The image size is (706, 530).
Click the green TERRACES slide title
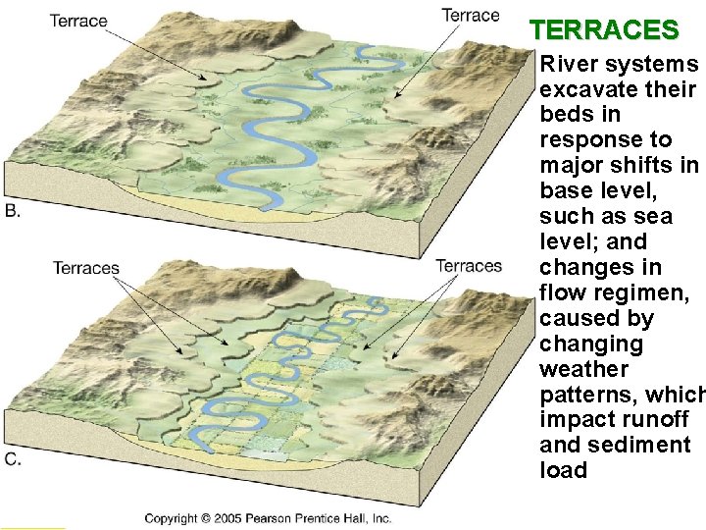pos(604,30)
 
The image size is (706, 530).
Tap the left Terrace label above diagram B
pos(78,21)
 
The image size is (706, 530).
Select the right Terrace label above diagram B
pos(470,15)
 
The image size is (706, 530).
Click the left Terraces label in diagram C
pos(86,268)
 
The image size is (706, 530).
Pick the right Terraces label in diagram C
pos(469,266)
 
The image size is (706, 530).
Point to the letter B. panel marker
pos(14,210)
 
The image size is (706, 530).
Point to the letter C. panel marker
pos(14,458)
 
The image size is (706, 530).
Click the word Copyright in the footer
pos(171,518)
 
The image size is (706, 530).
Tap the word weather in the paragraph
pos(583,369)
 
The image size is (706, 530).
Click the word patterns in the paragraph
pos(583,395)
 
